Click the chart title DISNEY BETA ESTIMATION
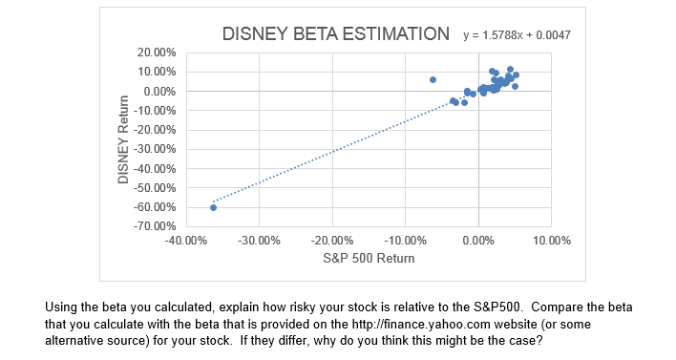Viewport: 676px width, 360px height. pos(335,35)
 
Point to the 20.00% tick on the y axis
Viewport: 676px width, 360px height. pos(156,52)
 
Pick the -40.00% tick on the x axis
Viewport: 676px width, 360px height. pos(185,241)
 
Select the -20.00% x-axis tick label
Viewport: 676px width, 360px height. pos(332,241)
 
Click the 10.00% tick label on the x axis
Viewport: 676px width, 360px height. pos(552,241)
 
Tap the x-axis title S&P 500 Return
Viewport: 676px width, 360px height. pos(369,258)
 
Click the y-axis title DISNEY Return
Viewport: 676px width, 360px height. pos(123,139)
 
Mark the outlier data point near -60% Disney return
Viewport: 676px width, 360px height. pos(213,207)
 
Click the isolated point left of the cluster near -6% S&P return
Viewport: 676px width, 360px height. pos(433,79)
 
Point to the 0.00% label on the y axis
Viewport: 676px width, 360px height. pos(159,91)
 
